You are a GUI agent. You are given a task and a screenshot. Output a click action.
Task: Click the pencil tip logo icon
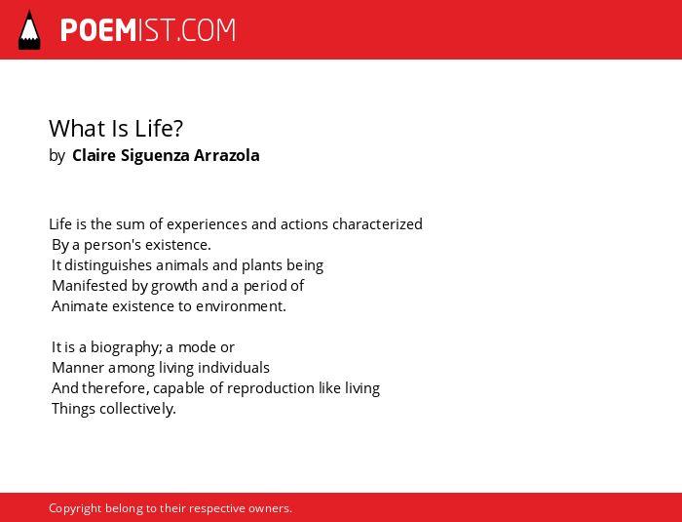pyautogui.click(x=29, y=30)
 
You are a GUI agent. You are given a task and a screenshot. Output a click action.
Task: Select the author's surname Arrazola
pyautogui.click(x=227, y=155)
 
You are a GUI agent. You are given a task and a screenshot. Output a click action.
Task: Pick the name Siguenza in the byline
pyautogui.click(x=155, y=156)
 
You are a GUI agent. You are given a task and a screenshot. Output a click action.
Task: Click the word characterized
pyautogui.click(x=377, y=224)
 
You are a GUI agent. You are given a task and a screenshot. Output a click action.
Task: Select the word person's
pyautogui.click(x=113, y=245)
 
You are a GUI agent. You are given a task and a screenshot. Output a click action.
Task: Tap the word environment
pyautogui.click(x=241, y=306)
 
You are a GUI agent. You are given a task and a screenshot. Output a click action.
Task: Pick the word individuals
pyautogui.click(x=234, y=368)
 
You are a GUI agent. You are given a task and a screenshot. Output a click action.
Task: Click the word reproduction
pyautogui.click(x=271, y=388)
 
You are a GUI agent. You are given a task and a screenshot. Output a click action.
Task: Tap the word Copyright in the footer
pyautogui.click(x=75, y=508)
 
